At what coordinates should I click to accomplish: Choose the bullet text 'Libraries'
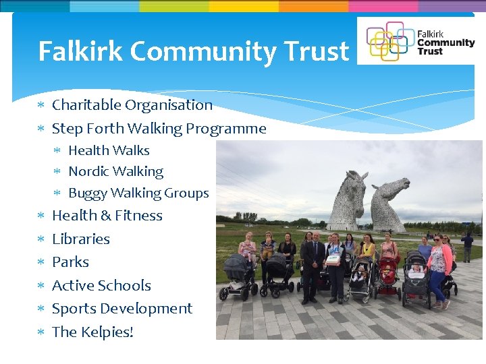[x=80, y=239]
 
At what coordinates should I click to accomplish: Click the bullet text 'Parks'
[x=70, y=262]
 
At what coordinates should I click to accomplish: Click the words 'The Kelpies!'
[x=92, y=332]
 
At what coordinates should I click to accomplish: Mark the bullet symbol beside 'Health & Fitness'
[x=40, y=216]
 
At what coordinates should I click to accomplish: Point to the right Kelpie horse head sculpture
[x=390, y=202]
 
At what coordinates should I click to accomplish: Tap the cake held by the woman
[x=333, y=260]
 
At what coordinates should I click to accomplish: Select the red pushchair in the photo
[x=388, y=276]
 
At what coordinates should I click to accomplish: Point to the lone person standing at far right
[x=467, y=246]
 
